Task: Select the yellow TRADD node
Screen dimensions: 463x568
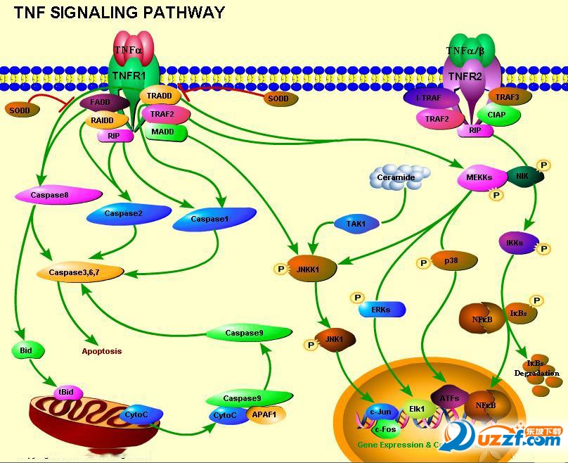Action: [161, 96]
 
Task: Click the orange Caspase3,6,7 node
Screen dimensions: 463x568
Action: [80, 272]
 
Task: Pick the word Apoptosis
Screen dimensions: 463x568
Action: [102, 350]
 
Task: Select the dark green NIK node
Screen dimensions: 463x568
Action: [524, 177]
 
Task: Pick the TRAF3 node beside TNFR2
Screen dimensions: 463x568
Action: [508, 97]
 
